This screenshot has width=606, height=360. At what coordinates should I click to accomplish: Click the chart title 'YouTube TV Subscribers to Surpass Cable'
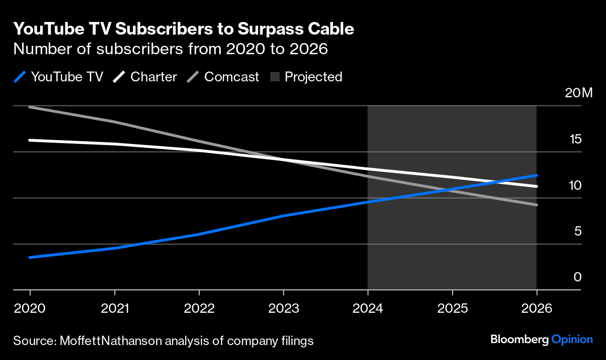pyautogui.click(x=183, y=29)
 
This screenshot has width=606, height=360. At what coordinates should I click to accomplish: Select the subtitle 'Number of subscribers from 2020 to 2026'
pyautogui.click(x=170, y=49)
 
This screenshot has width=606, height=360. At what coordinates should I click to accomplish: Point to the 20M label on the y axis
pyautogui.click(x=578, y=93)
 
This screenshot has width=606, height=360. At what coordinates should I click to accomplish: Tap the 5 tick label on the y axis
pyautogui.click(x=577, y=231)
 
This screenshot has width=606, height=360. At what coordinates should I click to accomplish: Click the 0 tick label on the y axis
pyautogui.click(x=577, y=277)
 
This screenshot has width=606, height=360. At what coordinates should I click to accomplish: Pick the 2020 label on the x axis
pyautogui.click(x=30, y=309)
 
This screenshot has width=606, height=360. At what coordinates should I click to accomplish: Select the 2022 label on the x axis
pyautogui.click(x=199, y=309)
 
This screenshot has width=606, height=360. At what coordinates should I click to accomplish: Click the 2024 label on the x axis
pyautogui.click(x=368, y=309)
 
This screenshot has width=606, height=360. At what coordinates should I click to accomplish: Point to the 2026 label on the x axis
pyautogui.click(x=537, y=309)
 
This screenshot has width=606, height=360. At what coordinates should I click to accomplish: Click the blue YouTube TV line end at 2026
pyautogui.click(x=536, y=175)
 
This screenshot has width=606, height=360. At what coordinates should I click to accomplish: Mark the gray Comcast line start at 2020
pyautogui.click(x=30, y=107)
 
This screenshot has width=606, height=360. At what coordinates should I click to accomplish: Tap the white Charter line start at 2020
pyautogui.click(x=30, y=140)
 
